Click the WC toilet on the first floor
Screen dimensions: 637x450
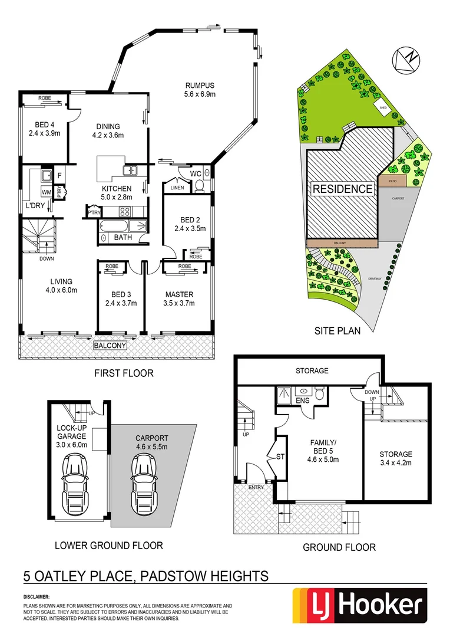199,185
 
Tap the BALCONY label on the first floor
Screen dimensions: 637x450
110,345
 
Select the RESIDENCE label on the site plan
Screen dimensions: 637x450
342,189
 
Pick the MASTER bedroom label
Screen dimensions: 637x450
179,294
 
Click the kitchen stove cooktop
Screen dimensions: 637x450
125,212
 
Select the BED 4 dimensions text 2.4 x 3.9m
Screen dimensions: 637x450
45,133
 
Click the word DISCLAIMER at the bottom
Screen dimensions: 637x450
37,597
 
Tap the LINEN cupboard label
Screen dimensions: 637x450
177,188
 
